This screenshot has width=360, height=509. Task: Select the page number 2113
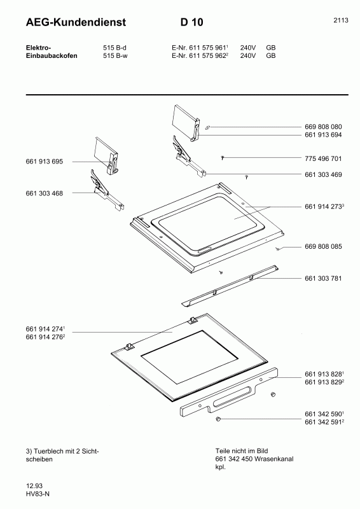[x=341, y=20]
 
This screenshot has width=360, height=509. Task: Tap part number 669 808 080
[x=324, y=127]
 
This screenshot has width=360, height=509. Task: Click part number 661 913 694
[x=324, y=135]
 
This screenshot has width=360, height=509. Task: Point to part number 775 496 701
[x=324, y=158]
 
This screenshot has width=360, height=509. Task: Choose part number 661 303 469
[x=324, y=174]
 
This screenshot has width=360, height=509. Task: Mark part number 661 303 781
[x=324, y=278]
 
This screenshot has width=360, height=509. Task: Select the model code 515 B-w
[x=116, y=56]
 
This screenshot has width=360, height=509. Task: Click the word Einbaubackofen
[x=52, y=56]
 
